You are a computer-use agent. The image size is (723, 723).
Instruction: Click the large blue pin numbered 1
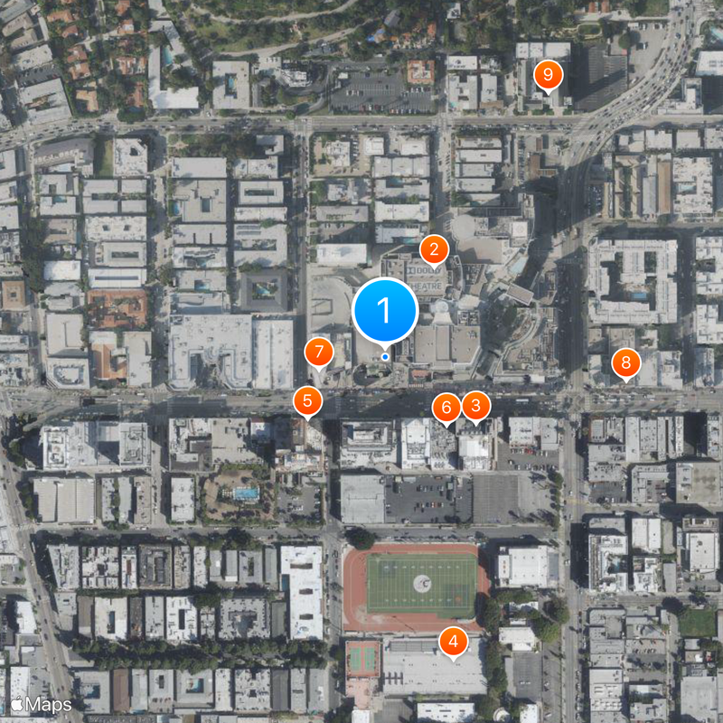click(x=384, y=311)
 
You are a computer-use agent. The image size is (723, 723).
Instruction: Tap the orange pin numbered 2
click(x=434, y=249)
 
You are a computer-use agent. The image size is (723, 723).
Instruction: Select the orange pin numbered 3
click(x=476, y=405)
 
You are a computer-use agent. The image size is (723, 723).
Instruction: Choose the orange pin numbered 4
click(x=453, y=643)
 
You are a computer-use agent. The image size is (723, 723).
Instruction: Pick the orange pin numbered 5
click(x=308, y=399)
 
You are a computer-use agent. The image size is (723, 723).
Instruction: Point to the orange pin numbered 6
click(x=446, y=408)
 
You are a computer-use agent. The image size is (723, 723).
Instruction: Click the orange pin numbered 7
click(x=318, y=352)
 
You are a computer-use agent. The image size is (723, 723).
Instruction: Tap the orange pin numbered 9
click(x=548, y=75)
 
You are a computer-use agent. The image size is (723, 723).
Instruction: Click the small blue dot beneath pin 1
click(x=385, y=357)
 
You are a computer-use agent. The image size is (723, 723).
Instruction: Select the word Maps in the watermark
click(x=49, y=703)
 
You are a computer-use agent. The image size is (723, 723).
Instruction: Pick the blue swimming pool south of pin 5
click(x=245, y=493)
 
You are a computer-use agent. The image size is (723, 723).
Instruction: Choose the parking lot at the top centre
click(x=380, y=90)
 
